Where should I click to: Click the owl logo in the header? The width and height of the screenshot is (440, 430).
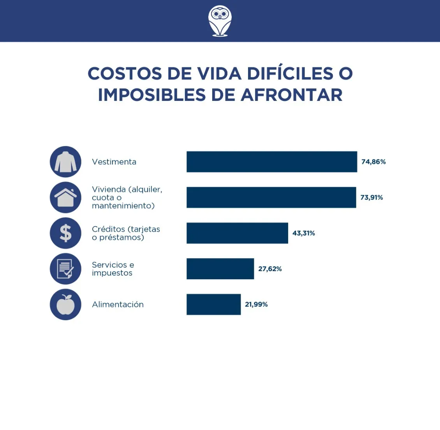click(x=220, y=21)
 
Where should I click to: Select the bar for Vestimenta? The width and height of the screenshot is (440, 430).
click(x=271, y=162)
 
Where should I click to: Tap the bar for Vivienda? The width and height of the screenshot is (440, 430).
click(x=271, y=197)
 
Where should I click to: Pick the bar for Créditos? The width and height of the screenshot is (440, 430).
click(x=237, y=233)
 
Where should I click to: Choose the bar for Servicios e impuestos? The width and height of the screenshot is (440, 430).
click(x=220, y=269)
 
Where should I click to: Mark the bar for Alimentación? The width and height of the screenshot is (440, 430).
click(x=213, y=305)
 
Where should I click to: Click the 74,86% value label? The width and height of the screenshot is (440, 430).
click(x=373, y=162)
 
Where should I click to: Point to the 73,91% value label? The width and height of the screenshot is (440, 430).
click(x=371, y=197)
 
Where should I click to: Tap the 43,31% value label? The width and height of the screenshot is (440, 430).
click(x=304, y=233)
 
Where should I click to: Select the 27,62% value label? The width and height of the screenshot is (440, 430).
click(x=270, y=269)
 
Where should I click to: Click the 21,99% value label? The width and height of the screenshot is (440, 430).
click(x=256, y=305)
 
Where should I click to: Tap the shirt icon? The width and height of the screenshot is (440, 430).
click(x=65, y=162)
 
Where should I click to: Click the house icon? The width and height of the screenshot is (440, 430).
click(x=65, y=197)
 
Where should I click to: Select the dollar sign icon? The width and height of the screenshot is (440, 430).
click(x=65, y=233)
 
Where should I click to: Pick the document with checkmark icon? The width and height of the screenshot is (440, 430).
click(x=65, y=269)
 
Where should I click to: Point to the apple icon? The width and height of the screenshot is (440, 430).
click(x=65, y=305)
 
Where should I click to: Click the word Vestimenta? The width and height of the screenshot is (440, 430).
click(x=114, y=162)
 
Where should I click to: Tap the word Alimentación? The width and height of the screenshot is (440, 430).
click(x=118, y=305)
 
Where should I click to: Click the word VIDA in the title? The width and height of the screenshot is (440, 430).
click(x=219, y=74)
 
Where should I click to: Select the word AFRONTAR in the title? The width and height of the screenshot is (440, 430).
click(x=292, y=95)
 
